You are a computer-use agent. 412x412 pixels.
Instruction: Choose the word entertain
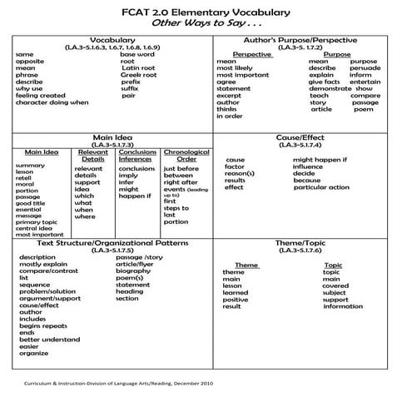365,82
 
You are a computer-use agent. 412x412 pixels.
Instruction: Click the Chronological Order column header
186,156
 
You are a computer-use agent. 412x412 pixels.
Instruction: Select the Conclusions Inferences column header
137,156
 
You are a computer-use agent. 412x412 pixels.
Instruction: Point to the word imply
128,176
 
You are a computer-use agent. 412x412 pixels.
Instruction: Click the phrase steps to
176,208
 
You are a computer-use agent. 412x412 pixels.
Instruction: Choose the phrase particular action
321,187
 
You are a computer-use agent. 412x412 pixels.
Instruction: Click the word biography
133,271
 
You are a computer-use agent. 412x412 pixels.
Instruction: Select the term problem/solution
49,291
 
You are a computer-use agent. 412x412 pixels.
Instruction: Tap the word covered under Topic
335,285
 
